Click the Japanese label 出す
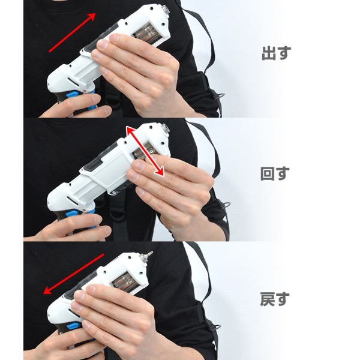(x=276, y=53)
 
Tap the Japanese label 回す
(x=275, y=173)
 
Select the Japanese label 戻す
(x=275, y=299)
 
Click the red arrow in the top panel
(x=72, y=32)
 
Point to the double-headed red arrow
(x=145, y=151)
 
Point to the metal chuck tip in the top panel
(x=166, y=10)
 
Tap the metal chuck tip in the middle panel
(x=165, y=128)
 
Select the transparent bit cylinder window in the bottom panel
(x=125, y=281)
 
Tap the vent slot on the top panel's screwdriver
(x=73, y=82)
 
